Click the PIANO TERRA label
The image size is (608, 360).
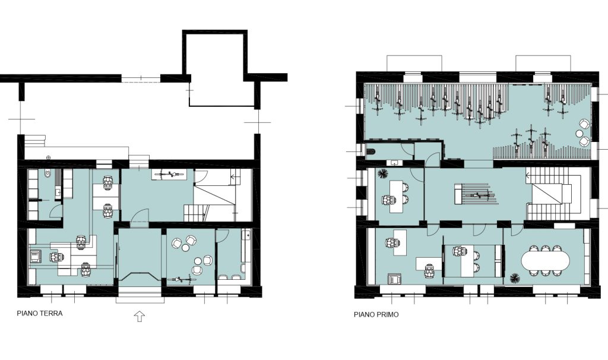(x=40, y=314)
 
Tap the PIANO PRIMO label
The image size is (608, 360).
(x=376, y=315)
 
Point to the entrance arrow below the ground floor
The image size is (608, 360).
(x=139, y=317)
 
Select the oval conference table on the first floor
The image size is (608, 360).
(x=546, y=261)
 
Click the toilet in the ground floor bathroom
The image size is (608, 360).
(x=47, y=175)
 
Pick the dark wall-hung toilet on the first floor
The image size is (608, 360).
(x=370, y=151)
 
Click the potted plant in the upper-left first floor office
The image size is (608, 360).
(x=383, y=173)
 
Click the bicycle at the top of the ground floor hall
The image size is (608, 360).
(x=169, y=175)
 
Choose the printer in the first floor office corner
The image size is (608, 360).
(x=395, y=279)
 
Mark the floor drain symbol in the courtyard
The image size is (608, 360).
(x=48, y=157)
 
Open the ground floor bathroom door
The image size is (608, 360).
(x=56, y=211)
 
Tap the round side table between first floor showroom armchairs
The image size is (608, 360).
(x=579, y=134)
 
